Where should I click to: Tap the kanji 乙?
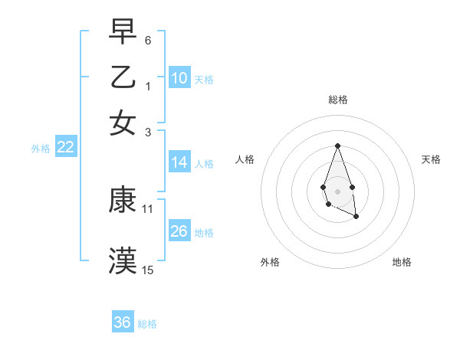(x=123, y=77)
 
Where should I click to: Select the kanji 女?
(x=123, y=122)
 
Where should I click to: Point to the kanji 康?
(x=123, y=201)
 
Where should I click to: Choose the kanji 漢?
(x=123, y=261)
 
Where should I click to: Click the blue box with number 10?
(x=179, y=78)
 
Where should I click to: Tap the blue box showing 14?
(x=179, y=162)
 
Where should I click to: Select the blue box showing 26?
(x=179, y=231)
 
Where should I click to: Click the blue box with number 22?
(x=66, y=147)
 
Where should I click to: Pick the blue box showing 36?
(x=123, y=322)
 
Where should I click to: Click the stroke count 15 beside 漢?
(x=148, y=270)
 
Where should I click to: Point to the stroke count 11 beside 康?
(x=148, y=208)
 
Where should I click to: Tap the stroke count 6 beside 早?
(x=148, y=41)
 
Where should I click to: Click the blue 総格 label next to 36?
(x=147, y=324)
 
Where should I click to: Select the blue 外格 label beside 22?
(x=41, y=149)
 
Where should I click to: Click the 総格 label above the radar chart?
(x=337, y=100)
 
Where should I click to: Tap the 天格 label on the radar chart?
(x=431, y=159)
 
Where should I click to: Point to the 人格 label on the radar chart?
(x=245, y=159)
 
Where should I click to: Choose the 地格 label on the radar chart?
(x=402, y=262)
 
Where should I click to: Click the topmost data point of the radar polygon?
(x=337, y=146)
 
